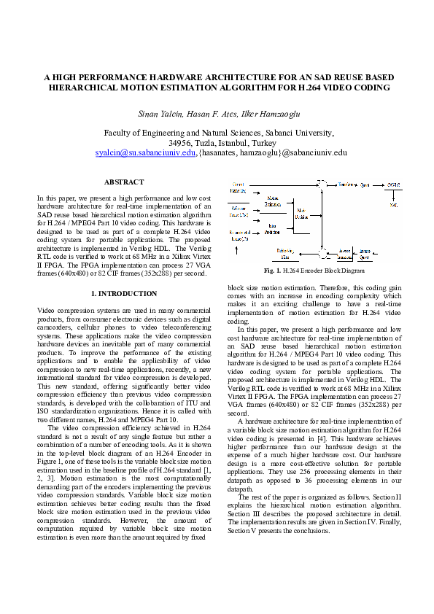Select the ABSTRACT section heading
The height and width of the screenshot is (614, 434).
(x=123, y=182)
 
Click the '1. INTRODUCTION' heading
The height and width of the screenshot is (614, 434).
(x=123, y=293)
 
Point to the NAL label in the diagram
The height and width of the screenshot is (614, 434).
(x=393, y=205)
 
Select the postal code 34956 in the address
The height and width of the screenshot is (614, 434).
(x=180, y=143)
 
